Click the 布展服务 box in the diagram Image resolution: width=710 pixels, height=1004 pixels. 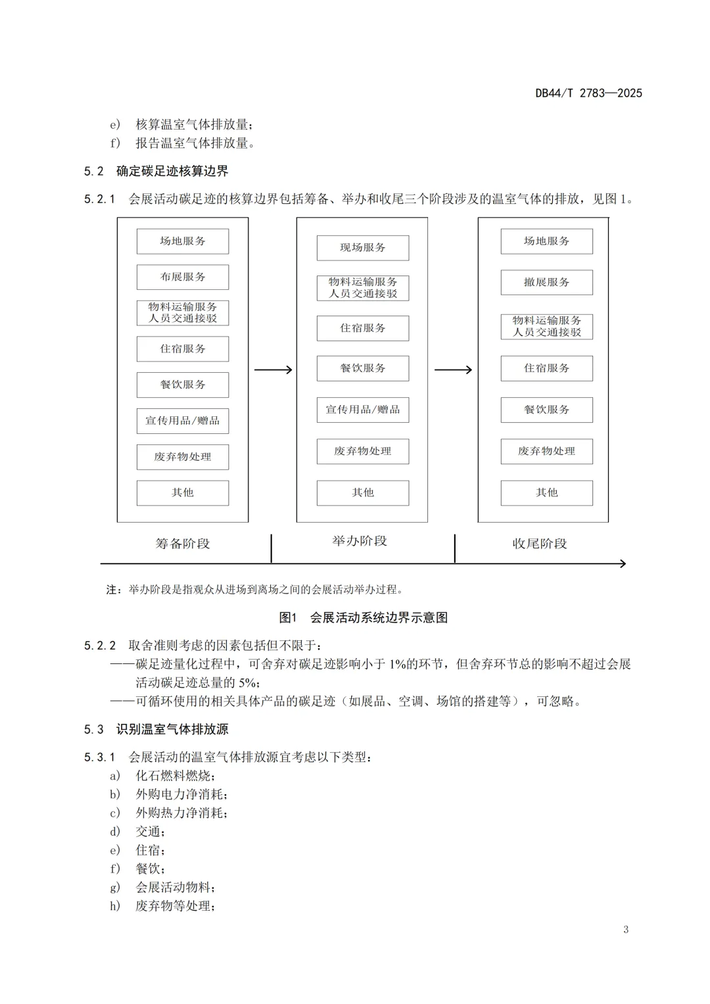pyautogui.click(x=183, y=277)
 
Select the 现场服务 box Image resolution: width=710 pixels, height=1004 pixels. pyautogui.click(x=362, y=248)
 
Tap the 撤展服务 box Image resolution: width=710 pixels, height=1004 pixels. pyautogui.click(x=546, y=283)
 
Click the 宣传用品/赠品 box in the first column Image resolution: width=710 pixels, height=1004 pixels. pyautogui.click(x=183, y=421)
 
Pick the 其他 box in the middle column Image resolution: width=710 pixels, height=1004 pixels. pyautogui.click(x=362, y=492)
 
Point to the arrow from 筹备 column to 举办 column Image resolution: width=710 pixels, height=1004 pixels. pyautogui.click(x=273, y=370)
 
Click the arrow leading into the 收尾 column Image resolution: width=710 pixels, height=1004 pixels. pyautogui.click(x=453, y=370)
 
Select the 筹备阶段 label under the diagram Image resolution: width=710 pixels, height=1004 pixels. pyautogui.click(x=183, y=544)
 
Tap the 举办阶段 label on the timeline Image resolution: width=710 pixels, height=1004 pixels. pyautogui.click(x=360, y=541)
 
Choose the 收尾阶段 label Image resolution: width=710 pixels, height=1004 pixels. pyautogui.click(x=540, y=544)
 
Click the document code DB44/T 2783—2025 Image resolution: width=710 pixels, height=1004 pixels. pyautogui.click(x=588, y=93)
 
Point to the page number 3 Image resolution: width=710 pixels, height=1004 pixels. pyautogui.click(x=626, y=929)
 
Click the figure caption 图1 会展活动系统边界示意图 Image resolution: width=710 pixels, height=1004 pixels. pyautogui.click(x=364, y=617)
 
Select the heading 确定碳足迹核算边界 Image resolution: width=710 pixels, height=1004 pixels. pyautogui.click(x=172, y=172)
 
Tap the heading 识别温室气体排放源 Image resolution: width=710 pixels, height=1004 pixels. pyautogui.click(x=172, y=729)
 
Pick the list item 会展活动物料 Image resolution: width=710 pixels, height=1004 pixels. pyautogui.click(x=175, y=888)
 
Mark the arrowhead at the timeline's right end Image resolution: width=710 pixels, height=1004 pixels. pyautogui.click(x=622, y=563)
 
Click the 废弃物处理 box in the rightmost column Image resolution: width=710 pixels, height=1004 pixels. pyautogui.click(x=546, y=451)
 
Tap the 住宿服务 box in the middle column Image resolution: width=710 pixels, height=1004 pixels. pyautogui.click(x=362, y=328)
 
